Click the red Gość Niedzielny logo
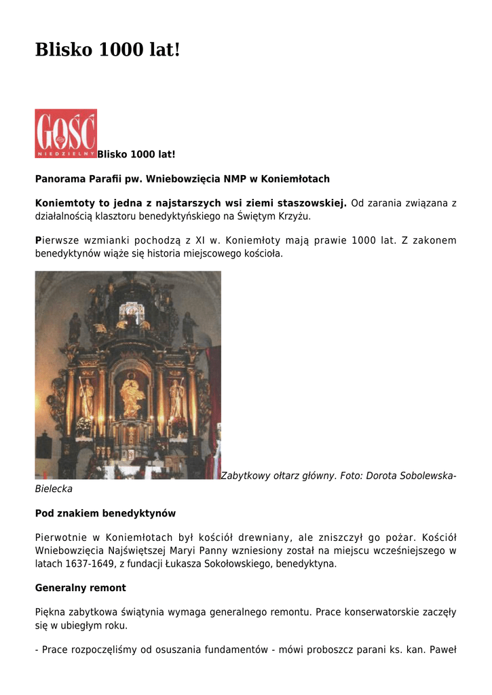(x=66, y=134)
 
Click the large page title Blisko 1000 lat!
(x=108, y=50)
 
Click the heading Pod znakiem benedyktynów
(x=105, y=513)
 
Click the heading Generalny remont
(x=80, y=588)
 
